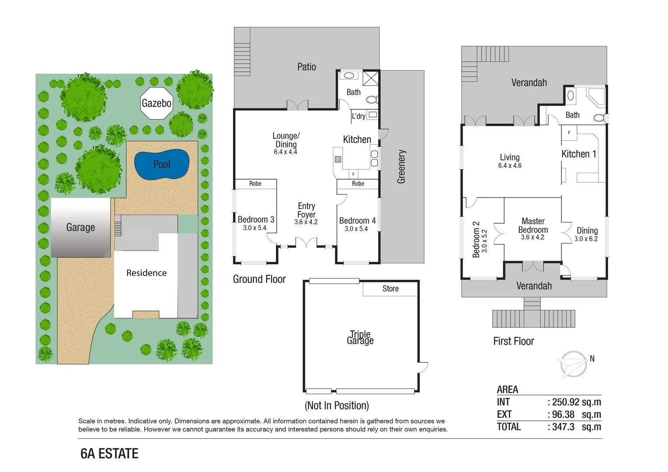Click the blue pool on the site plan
tap(162, 165)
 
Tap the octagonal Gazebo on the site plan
tap(156, 103)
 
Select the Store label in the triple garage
tap(390, 288)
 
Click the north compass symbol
tap(574, 364)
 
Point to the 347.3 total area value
tap(563, 427)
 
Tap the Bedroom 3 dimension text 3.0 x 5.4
tap(254, 228)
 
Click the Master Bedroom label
tap(533, 226)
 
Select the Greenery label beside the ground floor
tap(401, 167)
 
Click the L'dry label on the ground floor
tap(358, 116)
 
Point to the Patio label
tap(306, 67)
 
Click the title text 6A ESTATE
tap(109, 454)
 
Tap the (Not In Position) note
tap(337, 406)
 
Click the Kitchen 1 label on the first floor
tap(578, 154)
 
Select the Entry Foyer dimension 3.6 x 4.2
tap(306, 222)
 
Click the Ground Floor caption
tap(259, 279)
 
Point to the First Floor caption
tap(514, 341)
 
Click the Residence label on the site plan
tap(146, 273)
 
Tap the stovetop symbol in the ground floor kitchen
tap(338, 160)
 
